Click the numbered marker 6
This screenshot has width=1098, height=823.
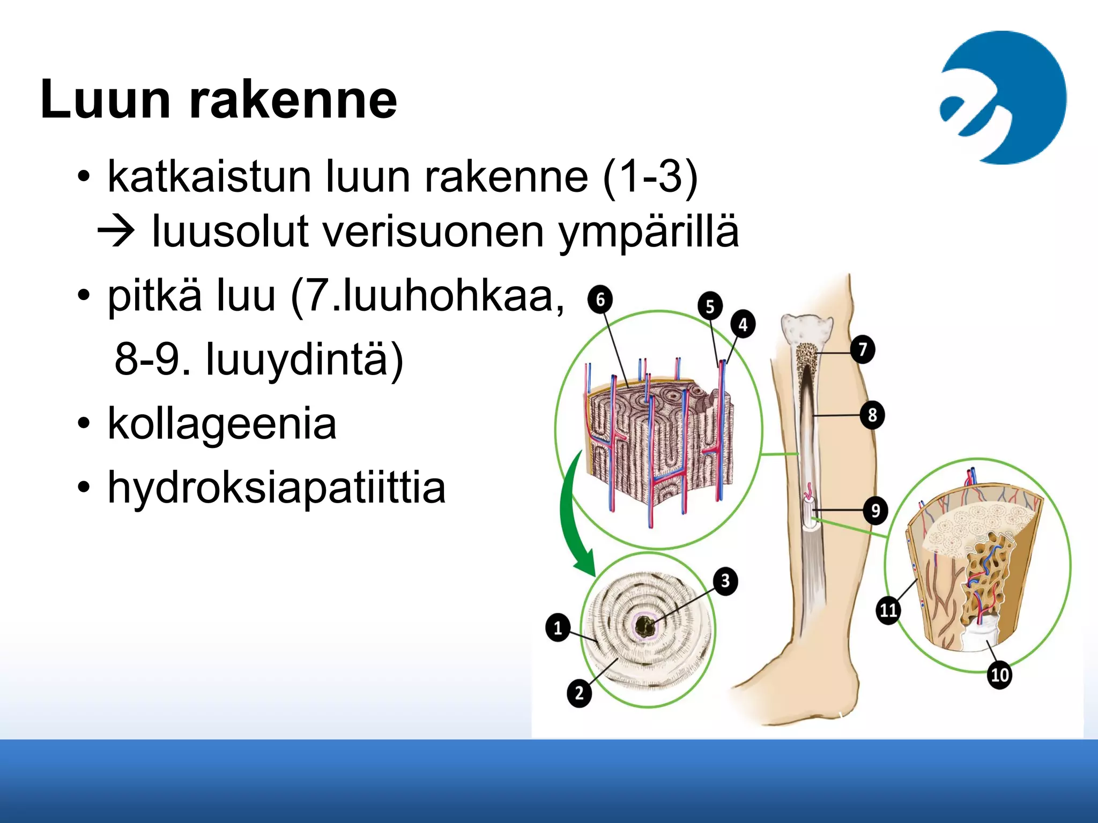point(600,299)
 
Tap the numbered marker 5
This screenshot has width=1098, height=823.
point(710,306)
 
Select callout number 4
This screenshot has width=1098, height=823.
point(743,324)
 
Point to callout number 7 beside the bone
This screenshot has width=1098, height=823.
point(863,349)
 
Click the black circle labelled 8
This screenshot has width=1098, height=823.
point(872,414)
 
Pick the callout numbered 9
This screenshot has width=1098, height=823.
point(875,510)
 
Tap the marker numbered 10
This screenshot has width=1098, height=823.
point(999,674)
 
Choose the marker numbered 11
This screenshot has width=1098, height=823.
point(888,610)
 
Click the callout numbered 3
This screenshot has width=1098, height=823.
point(725,581)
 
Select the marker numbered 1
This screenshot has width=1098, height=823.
point(558,627)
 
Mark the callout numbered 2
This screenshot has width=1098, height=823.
point(579,693)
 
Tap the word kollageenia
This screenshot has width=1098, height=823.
point(222,423)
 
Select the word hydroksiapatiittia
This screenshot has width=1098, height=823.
point(277,488)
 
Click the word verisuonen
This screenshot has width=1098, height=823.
point(434,231)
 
